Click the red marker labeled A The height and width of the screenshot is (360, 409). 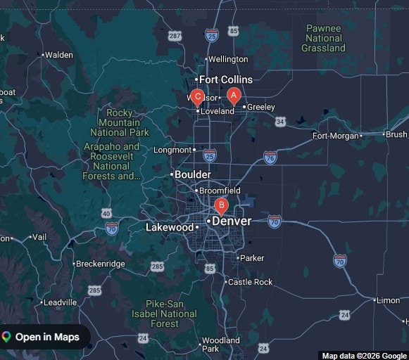[234, 96]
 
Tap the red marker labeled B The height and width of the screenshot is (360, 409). [221, 206]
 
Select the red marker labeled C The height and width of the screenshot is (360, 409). [198, 97]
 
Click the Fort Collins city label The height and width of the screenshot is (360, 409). [225, 79]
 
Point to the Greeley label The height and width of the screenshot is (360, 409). [260, 107]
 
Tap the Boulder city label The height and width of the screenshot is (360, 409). [192, 174]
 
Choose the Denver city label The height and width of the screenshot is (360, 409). [231, 221]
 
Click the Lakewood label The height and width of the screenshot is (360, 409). [169, 227]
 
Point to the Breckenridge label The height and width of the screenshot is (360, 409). [101, 264]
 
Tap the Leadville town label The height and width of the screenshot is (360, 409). [60, 302]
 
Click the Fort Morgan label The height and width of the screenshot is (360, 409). [335, 136]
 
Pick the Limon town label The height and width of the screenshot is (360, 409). [388, 300]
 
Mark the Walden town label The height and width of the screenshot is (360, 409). [59, 55]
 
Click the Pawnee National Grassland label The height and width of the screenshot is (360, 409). [323, 38]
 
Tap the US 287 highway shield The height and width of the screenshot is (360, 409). [175, 34]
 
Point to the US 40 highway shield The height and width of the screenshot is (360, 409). [106, 213]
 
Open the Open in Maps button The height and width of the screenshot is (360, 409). [45, 337]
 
